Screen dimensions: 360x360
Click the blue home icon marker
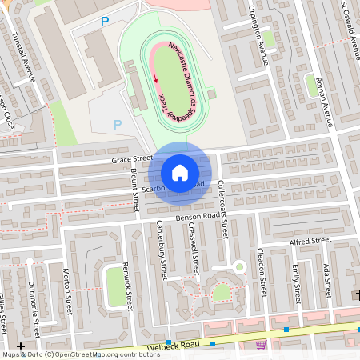pyautogui.click(x=180, y=172)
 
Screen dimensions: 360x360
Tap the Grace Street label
pyautogui.click(x=132, y=160)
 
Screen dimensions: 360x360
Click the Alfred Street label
pyautogui.click(x=310, y=241)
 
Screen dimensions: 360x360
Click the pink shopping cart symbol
pyautogui.click(x=262, y=345)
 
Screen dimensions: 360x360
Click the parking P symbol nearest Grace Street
pyautogui.click(x=118, y=124)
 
